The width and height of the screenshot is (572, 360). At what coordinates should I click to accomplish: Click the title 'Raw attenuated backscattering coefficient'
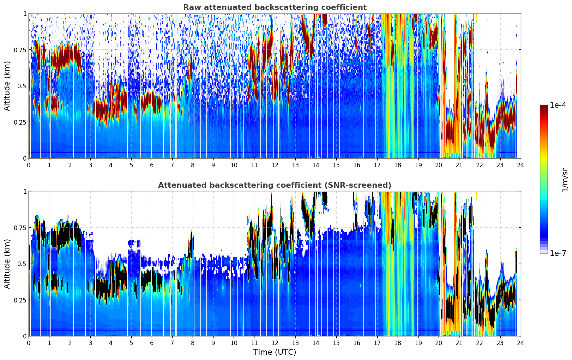point(275,7)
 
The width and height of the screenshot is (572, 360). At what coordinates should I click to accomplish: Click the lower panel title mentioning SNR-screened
point(275,185)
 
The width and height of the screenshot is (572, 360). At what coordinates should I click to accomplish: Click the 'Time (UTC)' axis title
point(275,352)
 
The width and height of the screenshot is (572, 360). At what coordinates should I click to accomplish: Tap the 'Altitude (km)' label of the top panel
point(7,86)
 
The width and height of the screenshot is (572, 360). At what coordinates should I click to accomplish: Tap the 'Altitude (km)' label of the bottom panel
point(7,264)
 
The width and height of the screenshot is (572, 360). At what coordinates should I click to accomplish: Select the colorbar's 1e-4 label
point(558,105)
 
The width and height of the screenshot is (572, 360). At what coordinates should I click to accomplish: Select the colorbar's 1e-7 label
point(558,253)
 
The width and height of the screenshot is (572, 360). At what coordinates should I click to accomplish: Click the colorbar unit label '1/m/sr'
point(565,180)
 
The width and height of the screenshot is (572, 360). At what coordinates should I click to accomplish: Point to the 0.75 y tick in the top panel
point(20,50)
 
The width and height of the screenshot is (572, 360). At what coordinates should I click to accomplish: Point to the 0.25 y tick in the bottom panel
point(20,300)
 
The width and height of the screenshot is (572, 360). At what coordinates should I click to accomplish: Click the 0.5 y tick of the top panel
point(22,86)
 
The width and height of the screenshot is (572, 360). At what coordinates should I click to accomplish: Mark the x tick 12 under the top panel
point(275,165)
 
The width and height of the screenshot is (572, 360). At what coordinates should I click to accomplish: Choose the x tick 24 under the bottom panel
point(520,343)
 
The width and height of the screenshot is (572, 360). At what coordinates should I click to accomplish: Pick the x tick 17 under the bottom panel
point(377,343)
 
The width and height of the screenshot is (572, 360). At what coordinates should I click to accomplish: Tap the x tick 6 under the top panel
point(152,165)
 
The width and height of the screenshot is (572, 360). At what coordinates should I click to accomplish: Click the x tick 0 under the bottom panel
point(29,343)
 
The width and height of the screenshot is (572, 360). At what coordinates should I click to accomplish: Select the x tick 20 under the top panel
point(439,165)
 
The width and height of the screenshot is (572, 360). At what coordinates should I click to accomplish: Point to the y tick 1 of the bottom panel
point(25,191)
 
